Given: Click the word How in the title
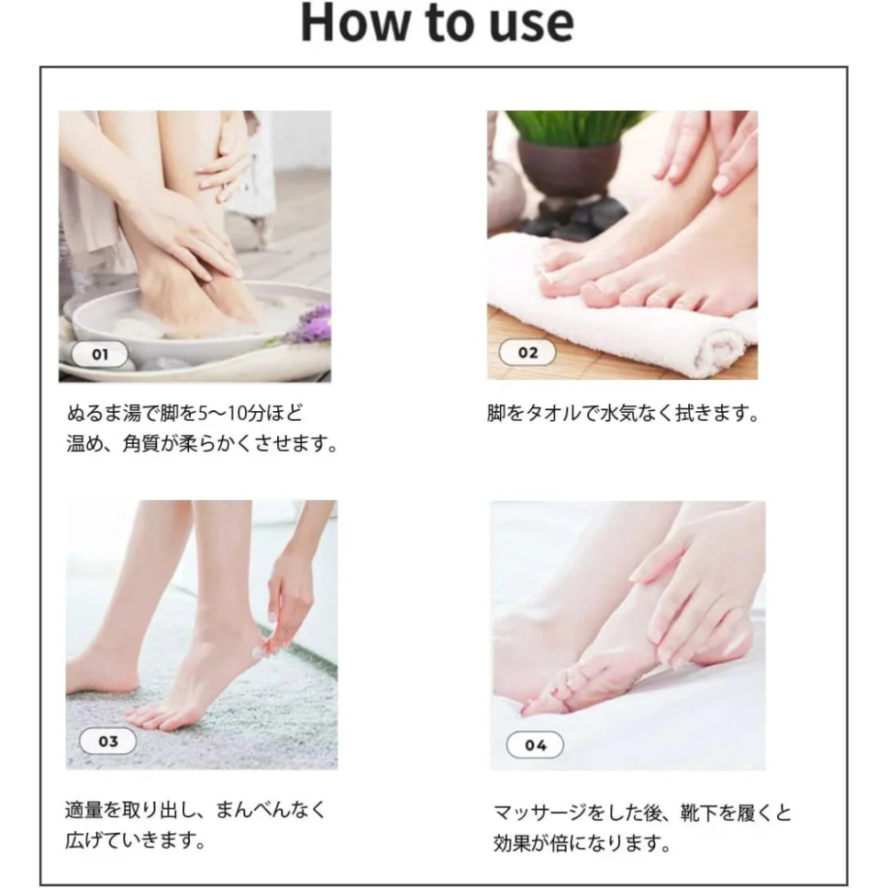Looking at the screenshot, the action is tap(355, 23).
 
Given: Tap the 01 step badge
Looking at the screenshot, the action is tap(99, 354).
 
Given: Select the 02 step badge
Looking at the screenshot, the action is tap(527, 353).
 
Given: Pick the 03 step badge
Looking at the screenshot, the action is tap(107, 741).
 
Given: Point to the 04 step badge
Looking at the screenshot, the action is tap(535, 745).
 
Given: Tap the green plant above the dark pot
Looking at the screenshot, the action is tap(572, 126).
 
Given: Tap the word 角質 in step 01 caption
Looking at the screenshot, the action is tap(141, 443).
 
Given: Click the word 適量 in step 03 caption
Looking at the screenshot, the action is tap(83, 810).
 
